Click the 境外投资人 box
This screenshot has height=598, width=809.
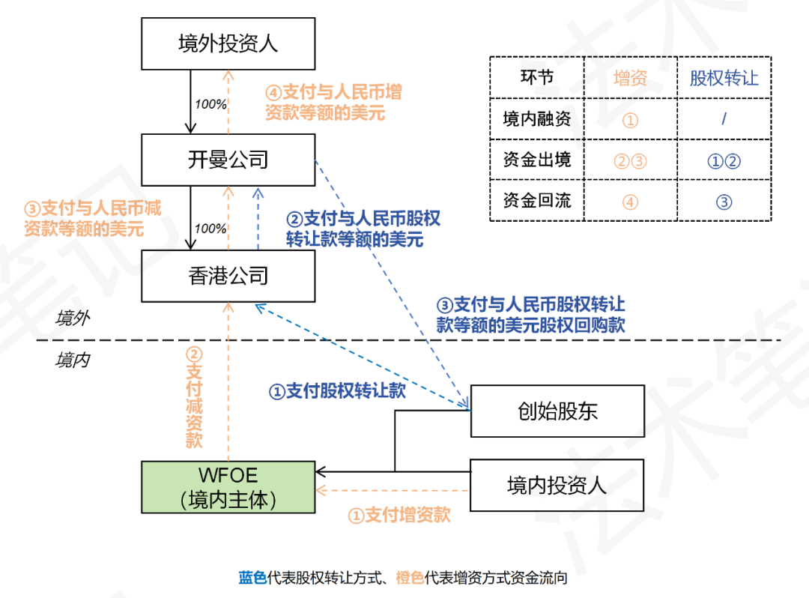[x=228, y=43]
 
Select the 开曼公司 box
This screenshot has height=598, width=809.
[x=228, y=160]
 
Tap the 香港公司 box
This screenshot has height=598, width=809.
[x=228, y=276]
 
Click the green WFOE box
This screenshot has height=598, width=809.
[x=228, y=487]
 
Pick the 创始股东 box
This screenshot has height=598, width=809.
[x=557, y=411]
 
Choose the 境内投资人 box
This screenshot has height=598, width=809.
[x=557, y=485]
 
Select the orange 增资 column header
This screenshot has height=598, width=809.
[x=630, y=78]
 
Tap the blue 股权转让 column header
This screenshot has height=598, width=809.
[x=724, y=78]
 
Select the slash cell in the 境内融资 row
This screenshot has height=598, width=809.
[x=724, y=119]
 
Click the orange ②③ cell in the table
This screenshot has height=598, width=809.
[x=630, y=160]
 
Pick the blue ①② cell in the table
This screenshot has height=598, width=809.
[x=724, y=160]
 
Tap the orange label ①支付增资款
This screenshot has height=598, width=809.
[x=399, y=515]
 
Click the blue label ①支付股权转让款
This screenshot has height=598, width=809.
[x=337, y=390]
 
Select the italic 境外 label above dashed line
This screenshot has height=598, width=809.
[x=73, y=318]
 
